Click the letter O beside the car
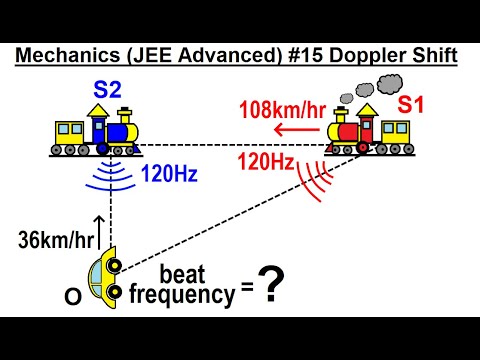click(72, 297)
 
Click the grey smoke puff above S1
click(345, 86)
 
